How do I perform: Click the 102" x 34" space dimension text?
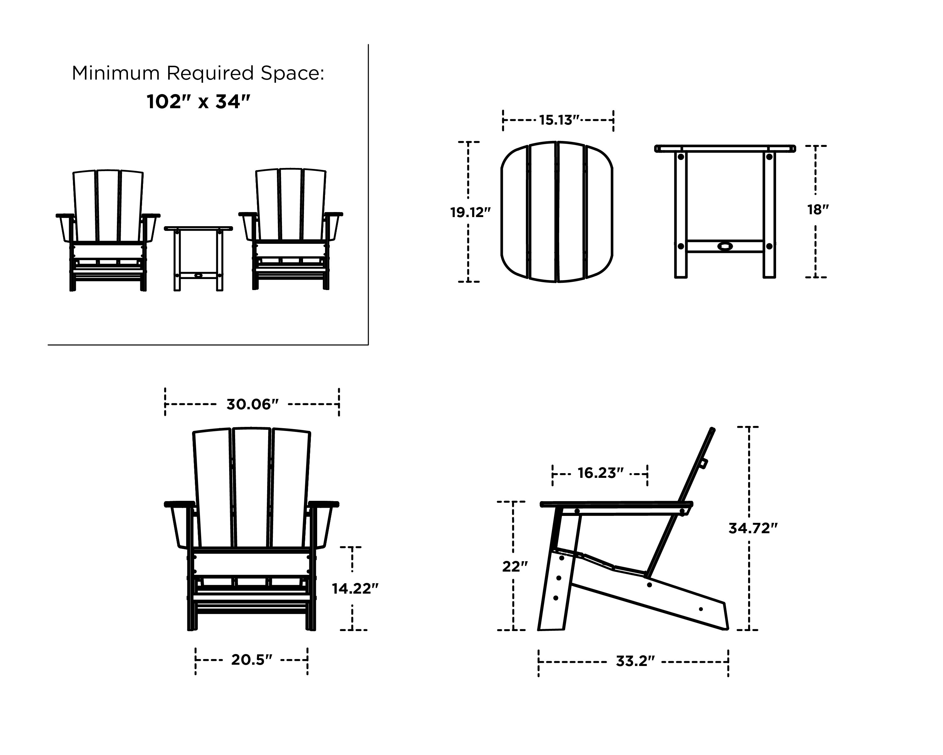pyautogui.click(x=198, y=102)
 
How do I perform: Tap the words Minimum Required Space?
pyautogui.click(x=198, y=73)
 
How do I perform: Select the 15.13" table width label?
pyautogui.click(x=559, y=120)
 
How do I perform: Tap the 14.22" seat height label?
pyautogui.click(x=355, y=589)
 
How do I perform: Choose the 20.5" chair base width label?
pyautogui.click(x=251, y=660)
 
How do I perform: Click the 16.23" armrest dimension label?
pyautogui.click(x=600, y=473)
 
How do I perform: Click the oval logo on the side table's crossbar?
pyautogui.click(x=725, y=246)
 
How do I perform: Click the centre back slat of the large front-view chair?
pyautogui.click(x=251, y=486)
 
